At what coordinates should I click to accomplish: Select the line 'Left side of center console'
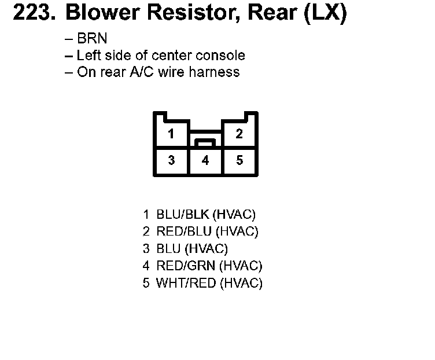[x=161, y=56]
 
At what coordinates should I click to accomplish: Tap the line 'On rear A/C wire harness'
[x=158, y=72]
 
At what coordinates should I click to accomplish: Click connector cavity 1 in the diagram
[x=171, y=134]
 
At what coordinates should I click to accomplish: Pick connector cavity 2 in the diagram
[x=239, y=134]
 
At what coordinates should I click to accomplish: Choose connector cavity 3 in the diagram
[x=171, y=161]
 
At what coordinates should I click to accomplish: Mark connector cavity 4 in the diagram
[x=205, y=161]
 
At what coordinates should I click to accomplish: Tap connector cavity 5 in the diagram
[x=239, y=161]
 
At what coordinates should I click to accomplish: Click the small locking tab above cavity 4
[x=205, y=142]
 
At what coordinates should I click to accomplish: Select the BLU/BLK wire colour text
[x=183, y=215]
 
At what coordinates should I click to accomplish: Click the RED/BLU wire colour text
[x=184, y=232]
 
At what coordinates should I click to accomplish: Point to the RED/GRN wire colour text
[x=186, y=266]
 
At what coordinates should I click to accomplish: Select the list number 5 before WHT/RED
[x=146, y=284]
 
